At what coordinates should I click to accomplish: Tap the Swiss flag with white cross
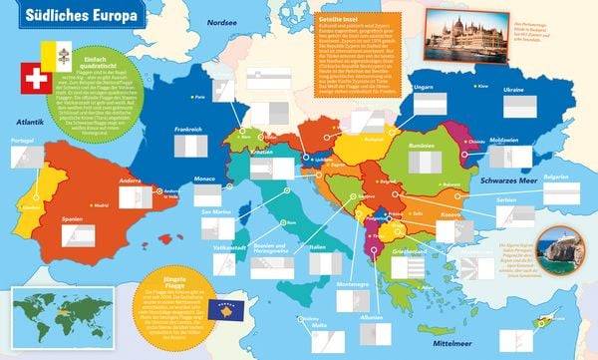(x=37, y=79)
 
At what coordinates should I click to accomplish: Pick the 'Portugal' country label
(x=23, y=141)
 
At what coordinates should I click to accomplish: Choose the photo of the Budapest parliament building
(x=457, y=37)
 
